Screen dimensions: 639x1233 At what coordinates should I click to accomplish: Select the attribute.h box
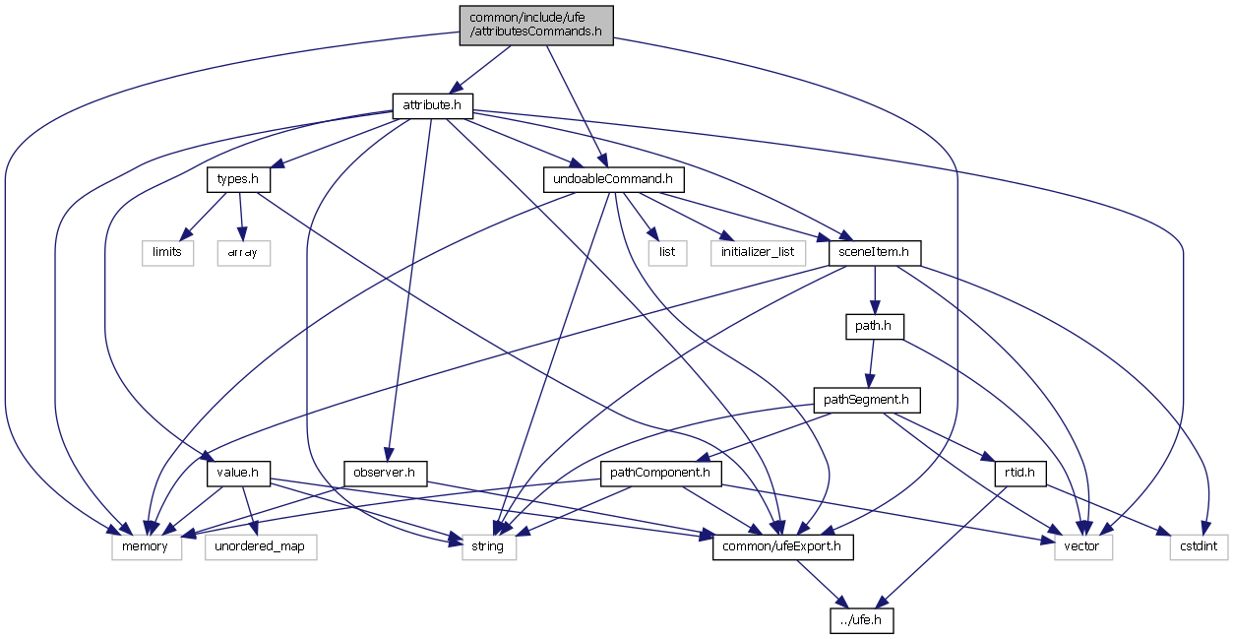pos(433,104)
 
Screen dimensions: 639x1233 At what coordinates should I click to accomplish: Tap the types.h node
pos(238,180)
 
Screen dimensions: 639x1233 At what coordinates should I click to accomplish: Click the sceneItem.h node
pos(875,253)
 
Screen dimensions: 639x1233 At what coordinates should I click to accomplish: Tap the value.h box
pos(238,474)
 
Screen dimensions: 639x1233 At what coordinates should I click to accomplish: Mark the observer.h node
pos(385,474)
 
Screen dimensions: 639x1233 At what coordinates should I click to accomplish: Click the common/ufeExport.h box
pos(782,546)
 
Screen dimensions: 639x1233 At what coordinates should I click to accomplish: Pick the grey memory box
pos(147,546)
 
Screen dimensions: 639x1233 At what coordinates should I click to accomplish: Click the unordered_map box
pos(261,546)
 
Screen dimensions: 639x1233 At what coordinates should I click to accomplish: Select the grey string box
pos(489,546)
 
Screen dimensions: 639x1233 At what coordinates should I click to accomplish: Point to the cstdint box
pos(1199,546)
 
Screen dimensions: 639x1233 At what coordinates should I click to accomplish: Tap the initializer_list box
pos(758,253)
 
